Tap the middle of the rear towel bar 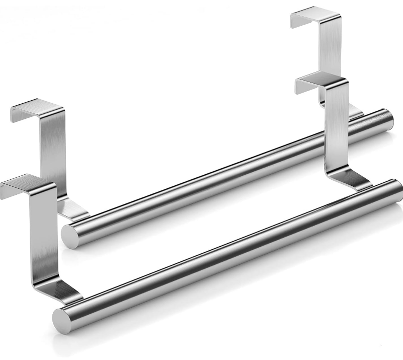[x=226, y=176]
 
